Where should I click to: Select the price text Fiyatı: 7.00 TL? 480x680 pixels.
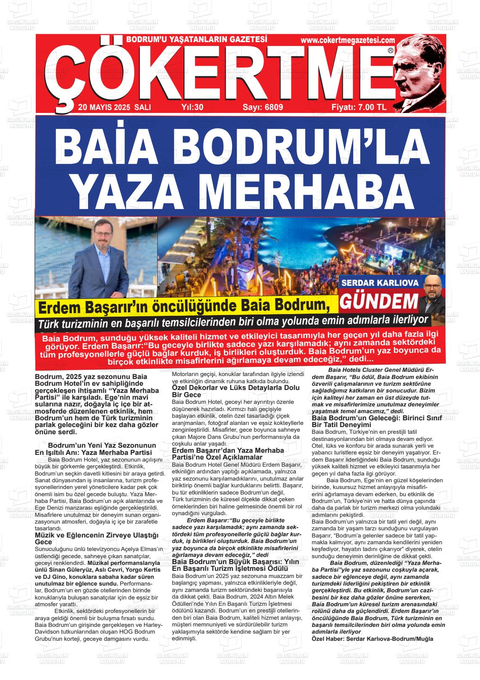(x=359, y=107)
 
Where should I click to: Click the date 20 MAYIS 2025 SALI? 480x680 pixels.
(x=114, y=107)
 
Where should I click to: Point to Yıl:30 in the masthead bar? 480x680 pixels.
(x=192, y=107)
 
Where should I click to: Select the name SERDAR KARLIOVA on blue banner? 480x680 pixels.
(x=380, y=283)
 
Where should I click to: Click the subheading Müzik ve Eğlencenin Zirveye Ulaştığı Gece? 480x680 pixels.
(x=96, y=538)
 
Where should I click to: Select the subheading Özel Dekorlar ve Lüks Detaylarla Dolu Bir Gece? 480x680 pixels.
(x=236, y=391)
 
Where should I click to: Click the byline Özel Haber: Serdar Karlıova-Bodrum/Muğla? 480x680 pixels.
(x=372, y=639)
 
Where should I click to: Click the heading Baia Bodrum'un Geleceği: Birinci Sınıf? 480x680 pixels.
(x=376, y=418)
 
